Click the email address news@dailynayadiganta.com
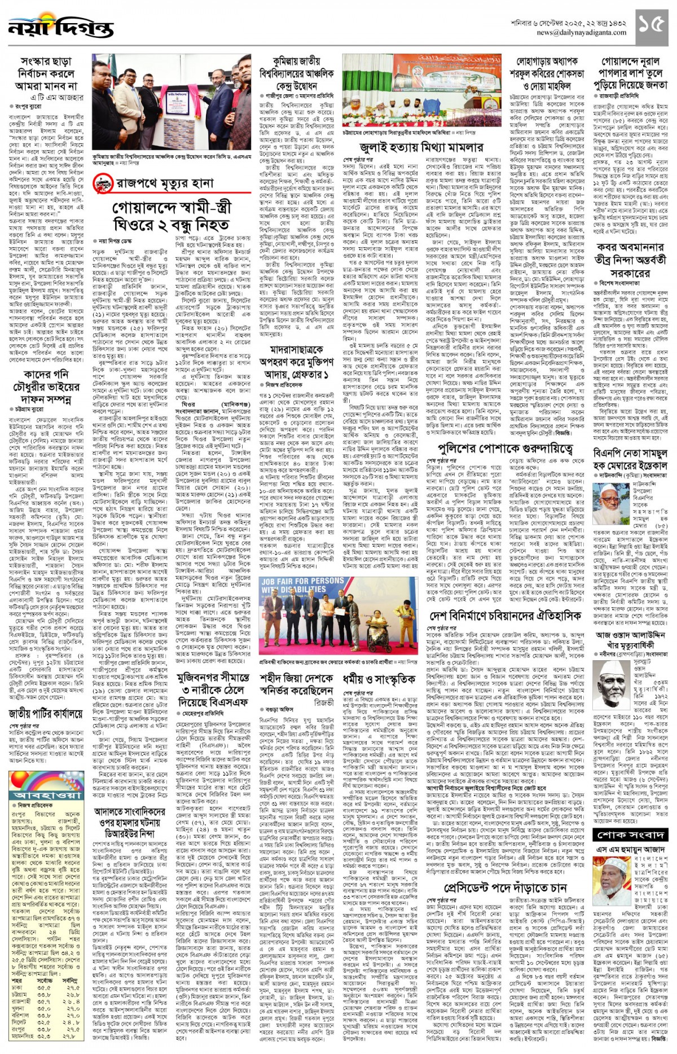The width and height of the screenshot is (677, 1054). click(581, 33)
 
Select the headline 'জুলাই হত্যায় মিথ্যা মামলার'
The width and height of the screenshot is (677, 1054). click(421, 148)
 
